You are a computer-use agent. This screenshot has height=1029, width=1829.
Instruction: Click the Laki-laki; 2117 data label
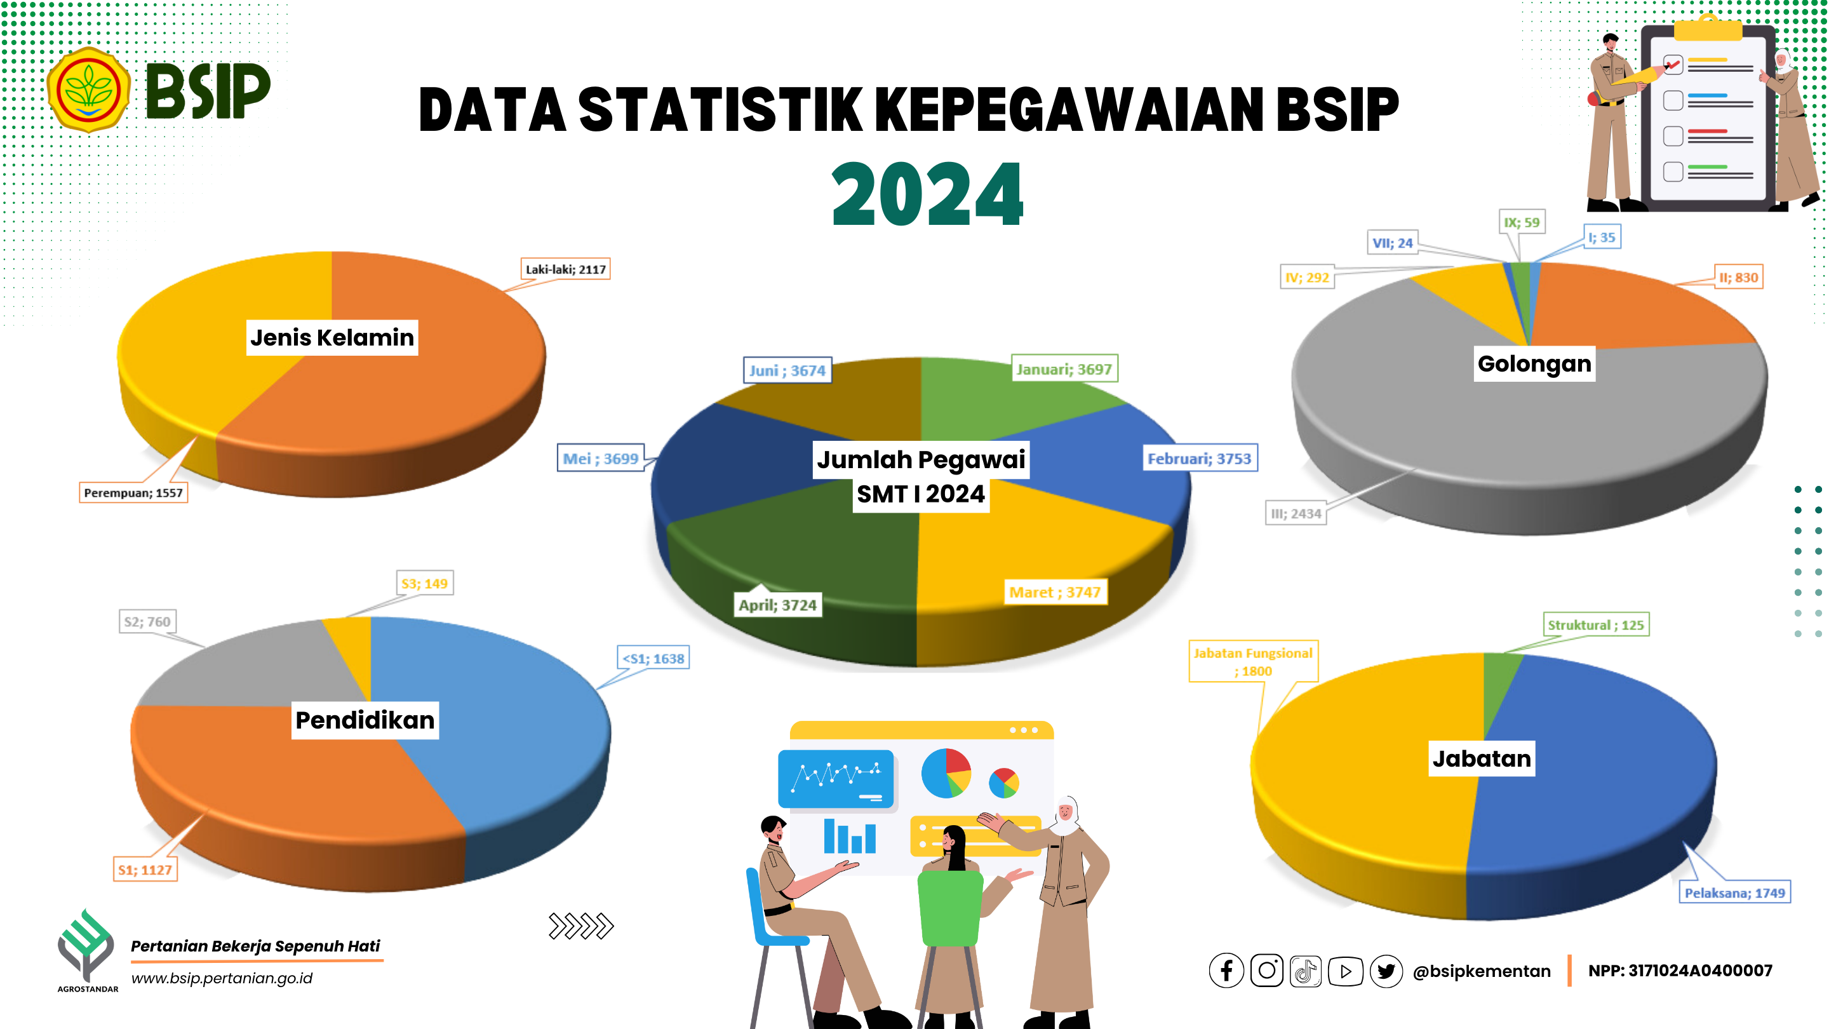click(x=565, y=269)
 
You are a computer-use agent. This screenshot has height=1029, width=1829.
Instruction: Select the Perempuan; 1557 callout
click(x=133, y=493)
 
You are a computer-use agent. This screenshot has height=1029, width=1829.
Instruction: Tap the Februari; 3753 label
click(x=1199, y=459)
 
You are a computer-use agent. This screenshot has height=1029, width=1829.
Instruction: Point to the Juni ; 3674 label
click(x=787, y=371)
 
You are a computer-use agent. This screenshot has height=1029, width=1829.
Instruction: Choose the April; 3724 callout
click(x=777, y=605)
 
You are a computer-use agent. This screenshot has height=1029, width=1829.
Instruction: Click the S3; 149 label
click(x=425, y=584)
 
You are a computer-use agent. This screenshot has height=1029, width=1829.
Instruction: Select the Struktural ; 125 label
click(x=1595, y=625)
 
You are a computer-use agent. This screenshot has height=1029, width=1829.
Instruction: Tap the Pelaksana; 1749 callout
click(x=1734, y=892)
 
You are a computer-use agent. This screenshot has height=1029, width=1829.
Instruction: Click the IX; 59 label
click(x=1522, y=222)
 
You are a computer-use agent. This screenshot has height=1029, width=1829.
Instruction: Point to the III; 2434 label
click(x=1296, y=513)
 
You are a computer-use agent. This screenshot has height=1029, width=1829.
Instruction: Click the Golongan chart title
click(x=1534, y=363)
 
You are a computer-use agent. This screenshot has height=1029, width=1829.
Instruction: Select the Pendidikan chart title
click(x=365, y=720)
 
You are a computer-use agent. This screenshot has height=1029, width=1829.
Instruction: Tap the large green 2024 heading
click(x=927, y=194)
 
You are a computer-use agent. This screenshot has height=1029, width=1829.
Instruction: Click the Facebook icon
click(x=1226, y=971)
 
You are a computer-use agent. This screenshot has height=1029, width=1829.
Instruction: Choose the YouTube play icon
click(x=1346, y=971)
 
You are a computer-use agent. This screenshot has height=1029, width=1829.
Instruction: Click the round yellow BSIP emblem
click(x=89, y=90)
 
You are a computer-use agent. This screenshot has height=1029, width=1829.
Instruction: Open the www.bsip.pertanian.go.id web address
click(x=222, y=978)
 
